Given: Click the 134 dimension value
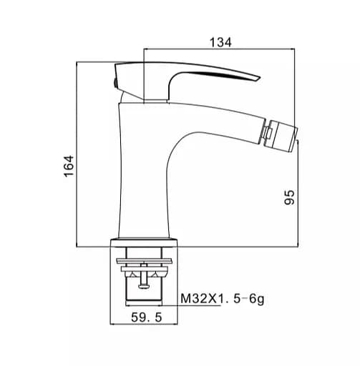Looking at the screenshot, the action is (x=220, y=42).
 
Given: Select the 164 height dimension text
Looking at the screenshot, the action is (x=69, y=166).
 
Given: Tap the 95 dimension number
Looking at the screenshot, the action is (x=290, y=197).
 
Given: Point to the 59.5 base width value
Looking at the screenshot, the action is (x=146, y=317).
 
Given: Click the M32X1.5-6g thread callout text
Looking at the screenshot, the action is (x=223, y=299).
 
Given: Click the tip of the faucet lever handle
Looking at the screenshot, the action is (x=260, y=78).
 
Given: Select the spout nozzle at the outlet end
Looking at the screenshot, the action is (x=283, y=136).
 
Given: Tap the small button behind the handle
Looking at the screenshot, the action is (x=115, y=83).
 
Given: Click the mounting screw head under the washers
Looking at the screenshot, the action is (x=144, y=286).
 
